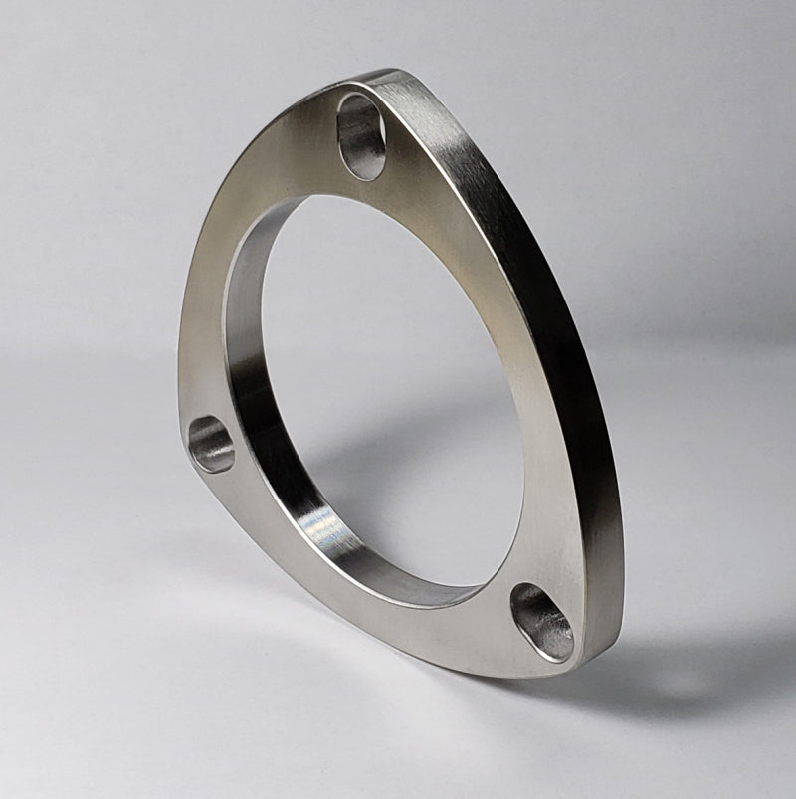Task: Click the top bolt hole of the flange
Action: point(361,135)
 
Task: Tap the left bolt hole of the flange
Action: point(211,444)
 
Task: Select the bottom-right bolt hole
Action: point(542,621)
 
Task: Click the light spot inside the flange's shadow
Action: point(687,681)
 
